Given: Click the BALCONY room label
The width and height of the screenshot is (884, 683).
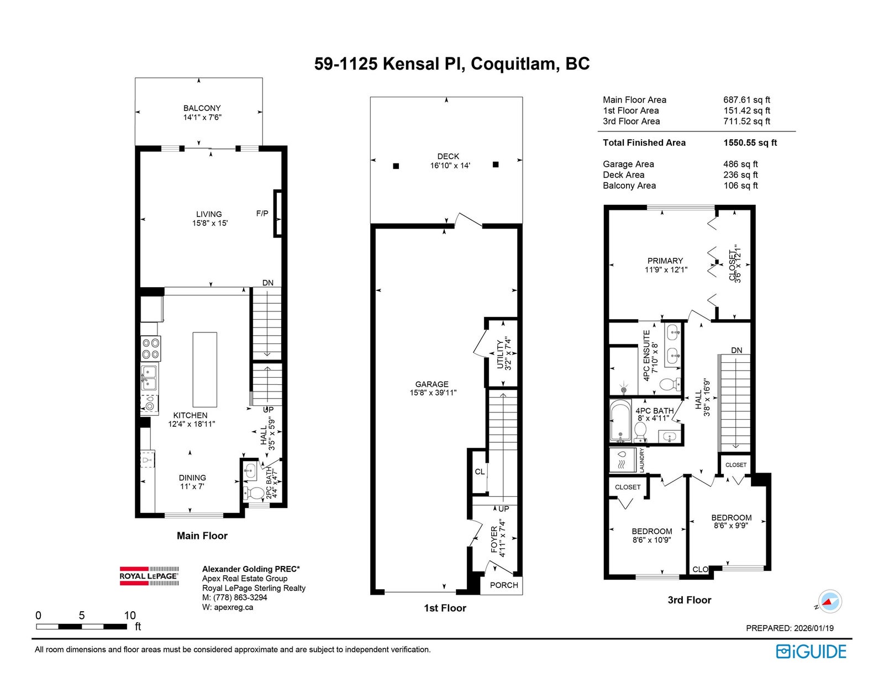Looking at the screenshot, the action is (x=202, y=108).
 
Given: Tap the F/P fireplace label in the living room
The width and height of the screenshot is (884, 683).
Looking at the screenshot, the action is (x=262, y=214).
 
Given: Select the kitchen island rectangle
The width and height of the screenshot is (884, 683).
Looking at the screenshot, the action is (x=204, y=369).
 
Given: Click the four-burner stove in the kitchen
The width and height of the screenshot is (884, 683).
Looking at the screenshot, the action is (x=150, y=348).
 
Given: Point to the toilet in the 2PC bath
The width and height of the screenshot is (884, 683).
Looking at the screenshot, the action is (x=254, y=493).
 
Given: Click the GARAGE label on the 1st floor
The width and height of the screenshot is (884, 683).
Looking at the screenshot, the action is (x=432, y=384).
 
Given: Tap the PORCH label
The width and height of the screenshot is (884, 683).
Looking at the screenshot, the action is (x=504, y=585).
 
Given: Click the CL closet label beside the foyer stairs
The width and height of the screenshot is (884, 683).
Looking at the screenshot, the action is (x=480, y=472).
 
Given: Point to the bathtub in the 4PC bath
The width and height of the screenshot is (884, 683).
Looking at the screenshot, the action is (x=621, y=421).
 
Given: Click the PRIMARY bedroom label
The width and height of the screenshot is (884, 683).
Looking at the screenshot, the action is (x=665, y=261).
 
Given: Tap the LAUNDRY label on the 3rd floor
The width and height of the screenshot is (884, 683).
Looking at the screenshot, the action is (x=642, y=460).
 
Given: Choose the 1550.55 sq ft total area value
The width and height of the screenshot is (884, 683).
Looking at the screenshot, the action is (x=750, y=142).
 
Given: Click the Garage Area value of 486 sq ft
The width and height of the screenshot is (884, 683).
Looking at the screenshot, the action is (x=740, y=164).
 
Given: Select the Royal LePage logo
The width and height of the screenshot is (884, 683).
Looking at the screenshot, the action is (x=149, y=576).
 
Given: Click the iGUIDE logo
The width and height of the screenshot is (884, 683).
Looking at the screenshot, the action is (x=811, y=652).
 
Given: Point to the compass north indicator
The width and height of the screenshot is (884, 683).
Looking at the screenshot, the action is (x=829, y=601).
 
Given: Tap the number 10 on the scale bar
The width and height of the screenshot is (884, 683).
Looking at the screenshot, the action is (x=130, y=615).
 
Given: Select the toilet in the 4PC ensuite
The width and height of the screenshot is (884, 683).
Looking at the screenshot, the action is (x=670, y=384).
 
